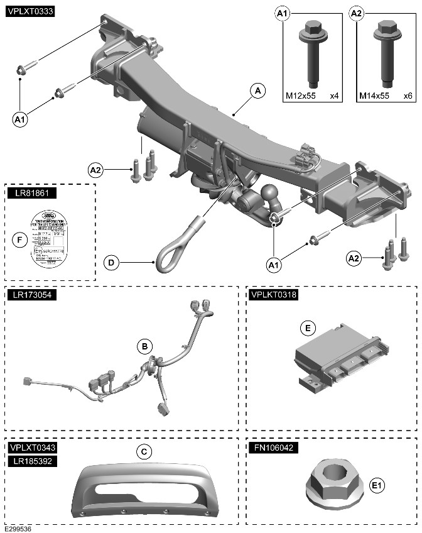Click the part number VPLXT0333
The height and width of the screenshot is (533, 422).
coord(30,11)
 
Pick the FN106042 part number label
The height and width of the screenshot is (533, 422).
coord(273,448)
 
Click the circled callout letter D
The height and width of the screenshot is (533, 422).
coord(111,262)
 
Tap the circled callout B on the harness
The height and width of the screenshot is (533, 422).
coord(144,346)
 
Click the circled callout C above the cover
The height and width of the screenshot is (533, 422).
coord(144,451)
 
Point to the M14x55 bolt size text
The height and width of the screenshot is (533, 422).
coord(374,96)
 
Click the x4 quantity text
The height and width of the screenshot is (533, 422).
coord(334,96)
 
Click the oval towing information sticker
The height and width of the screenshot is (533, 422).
coord(55,239)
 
